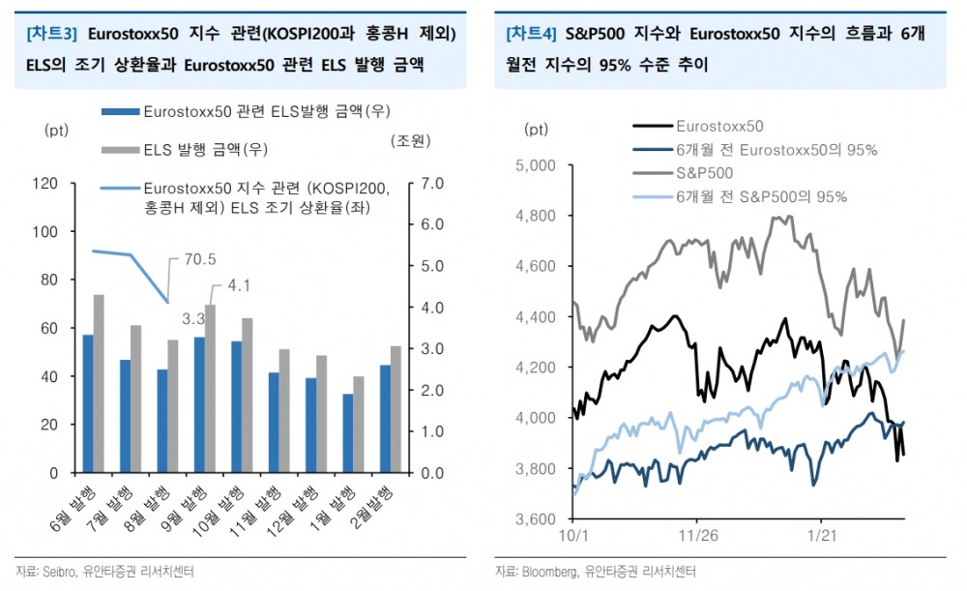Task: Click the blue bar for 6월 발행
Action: click(x=88, y=404)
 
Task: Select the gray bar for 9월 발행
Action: click(x=210, y=389)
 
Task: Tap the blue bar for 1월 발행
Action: click(x=347, y=433)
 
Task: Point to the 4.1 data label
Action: click(x=239, y=285)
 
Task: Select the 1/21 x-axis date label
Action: click(x=821, y=534)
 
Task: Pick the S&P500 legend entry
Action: click(x=704, y=173)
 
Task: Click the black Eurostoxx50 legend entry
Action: click(x=719, y=126)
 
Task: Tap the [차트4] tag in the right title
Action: click(x=531, y=34)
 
